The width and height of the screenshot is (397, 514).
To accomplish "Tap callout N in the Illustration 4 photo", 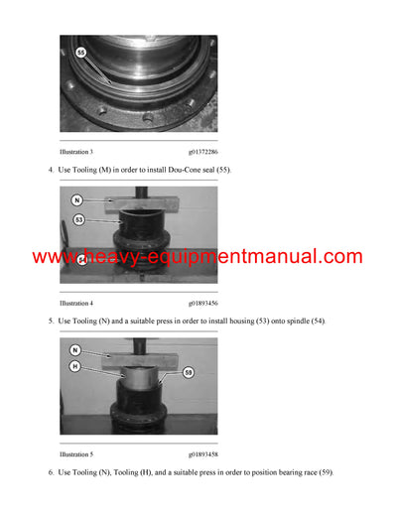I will pyautogui.click(x=77, y=200).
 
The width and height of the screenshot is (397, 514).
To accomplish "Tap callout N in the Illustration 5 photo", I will pyautogui.click(x=75, y=350).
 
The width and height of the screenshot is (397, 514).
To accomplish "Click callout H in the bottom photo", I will pyautogui.click(x=75, y=366).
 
